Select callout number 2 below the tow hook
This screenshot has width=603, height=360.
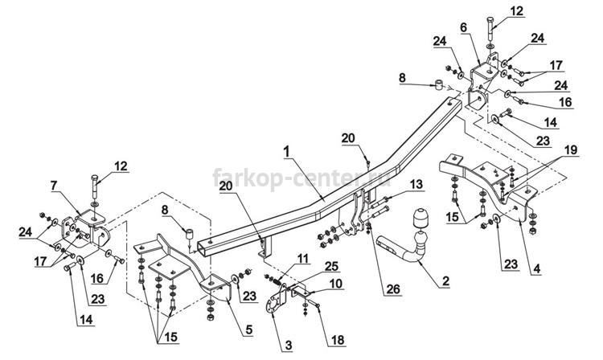point(445,281)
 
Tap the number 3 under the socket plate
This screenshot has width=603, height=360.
point(289,346)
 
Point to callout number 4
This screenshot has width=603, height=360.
point(536,268)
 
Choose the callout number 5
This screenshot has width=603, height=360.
point(249,330)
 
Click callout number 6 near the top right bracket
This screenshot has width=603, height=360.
point(463,27)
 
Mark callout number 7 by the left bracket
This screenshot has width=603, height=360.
point(54,186)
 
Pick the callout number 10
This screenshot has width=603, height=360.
point(336,284)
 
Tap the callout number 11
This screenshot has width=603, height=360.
point(302,258)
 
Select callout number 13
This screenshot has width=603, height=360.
point(416,184)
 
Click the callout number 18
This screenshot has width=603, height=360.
point(338,340)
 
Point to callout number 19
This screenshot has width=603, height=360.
point(571,150)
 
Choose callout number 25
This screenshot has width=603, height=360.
point(331,266)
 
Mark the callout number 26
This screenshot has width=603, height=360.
point(393,289)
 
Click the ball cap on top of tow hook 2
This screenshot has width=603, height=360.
point(420,219)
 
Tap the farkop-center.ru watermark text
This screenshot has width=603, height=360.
point(301,178)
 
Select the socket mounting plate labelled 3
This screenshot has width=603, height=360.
point(276,300)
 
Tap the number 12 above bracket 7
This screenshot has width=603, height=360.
point(121,166)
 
